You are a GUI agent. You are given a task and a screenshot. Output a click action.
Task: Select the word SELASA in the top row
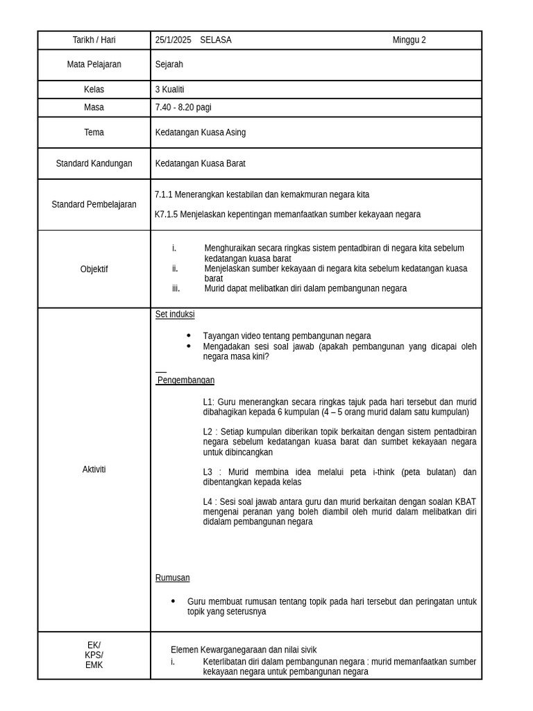pos(216,40)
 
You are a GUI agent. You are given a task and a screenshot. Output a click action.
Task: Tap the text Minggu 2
pos(409,40)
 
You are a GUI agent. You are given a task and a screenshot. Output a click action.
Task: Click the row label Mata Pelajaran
pos(94,65)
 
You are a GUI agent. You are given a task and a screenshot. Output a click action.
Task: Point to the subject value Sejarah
pos(169,65)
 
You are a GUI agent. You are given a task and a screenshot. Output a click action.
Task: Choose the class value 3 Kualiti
pos(170,90)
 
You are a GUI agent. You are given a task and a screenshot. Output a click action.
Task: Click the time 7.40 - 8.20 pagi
pos(183,108)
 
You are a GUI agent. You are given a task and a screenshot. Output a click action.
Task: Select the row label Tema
pos(94,133)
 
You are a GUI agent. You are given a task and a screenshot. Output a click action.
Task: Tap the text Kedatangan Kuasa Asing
pos(201,133)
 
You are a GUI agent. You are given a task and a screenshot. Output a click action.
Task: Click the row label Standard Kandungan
pos(94,164)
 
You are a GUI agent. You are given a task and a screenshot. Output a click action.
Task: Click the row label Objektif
pos(94,269)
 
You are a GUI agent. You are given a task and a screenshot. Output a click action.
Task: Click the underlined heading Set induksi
pos(175,315)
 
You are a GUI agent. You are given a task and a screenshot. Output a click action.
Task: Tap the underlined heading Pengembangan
pos(185,380)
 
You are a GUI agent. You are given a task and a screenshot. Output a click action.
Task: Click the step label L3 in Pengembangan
pos(208,472)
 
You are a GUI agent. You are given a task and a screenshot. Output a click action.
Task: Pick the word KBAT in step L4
pos(466,502)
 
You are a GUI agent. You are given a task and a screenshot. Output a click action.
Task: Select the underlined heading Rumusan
pos(172,578)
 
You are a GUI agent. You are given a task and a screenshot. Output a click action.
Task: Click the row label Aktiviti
pos(94,469)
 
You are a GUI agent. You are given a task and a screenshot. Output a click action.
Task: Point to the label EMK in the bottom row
pos(94,665)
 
